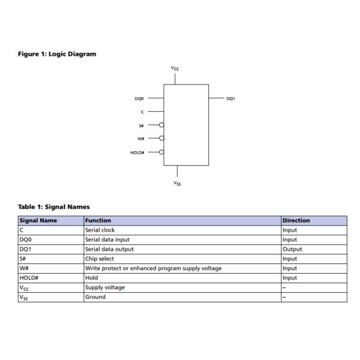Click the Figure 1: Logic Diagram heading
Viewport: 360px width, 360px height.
coord(57,54)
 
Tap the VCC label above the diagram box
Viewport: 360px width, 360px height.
coord(175,68)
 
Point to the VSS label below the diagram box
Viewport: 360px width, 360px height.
coord(177,183)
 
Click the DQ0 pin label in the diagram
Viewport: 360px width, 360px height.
coord(139,99)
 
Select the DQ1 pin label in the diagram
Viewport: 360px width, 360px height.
coord(231,99)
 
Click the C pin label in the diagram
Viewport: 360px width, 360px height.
coord(142,112)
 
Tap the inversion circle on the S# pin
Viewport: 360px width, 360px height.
coord(161,125)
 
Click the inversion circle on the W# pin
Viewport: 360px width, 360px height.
coord(161,138)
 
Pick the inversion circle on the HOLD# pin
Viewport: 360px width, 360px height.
coord(161,152)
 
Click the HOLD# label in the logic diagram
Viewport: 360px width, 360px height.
coord(137,152)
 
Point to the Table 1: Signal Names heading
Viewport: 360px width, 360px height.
coord(54,207)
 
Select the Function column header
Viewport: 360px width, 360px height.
coord(98,220)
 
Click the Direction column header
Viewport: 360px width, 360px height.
coord(296,220)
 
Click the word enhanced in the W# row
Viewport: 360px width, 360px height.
coord(143,268)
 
